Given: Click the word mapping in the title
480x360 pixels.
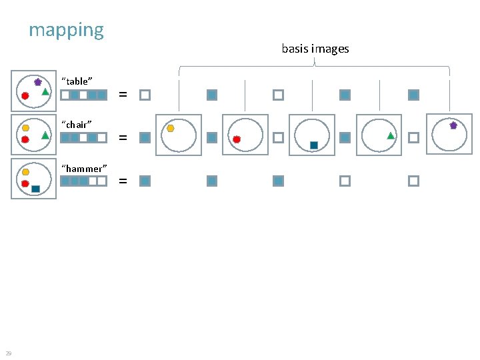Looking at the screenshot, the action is [66, 31].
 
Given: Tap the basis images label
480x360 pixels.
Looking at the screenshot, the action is [315, 49].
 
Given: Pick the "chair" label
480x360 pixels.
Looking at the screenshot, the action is [76, 125].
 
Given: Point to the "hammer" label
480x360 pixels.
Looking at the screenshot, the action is [83, 169].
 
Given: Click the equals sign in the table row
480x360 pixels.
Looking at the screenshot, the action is [123, 95].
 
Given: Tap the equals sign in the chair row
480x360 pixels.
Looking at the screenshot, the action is [123, 138].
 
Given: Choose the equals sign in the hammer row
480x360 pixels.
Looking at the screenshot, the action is [123, 181].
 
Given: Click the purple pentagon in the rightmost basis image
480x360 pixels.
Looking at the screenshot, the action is [453, 125].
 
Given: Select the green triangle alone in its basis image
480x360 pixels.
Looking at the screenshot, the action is [391, 135].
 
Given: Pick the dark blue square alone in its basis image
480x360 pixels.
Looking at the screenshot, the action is [313, 145].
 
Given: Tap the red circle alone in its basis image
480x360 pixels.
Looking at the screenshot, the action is [237, 139].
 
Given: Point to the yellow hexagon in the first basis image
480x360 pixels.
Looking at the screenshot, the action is [171, 128].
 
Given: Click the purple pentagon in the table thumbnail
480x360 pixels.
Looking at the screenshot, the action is [38, 82].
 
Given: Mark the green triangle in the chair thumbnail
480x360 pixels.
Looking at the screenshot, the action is [45, 135].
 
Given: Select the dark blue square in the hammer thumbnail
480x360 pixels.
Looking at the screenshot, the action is [36, 189].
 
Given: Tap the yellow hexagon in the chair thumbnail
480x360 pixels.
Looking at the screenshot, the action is [25, 127].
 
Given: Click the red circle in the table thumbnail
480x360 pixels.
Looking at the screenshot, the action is [25, 96].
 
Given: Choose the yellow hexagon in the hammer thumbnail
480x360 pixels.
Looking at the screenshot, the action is [25, 172].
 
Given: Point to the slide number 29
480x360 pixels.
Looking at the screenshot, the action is [8, 353].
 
